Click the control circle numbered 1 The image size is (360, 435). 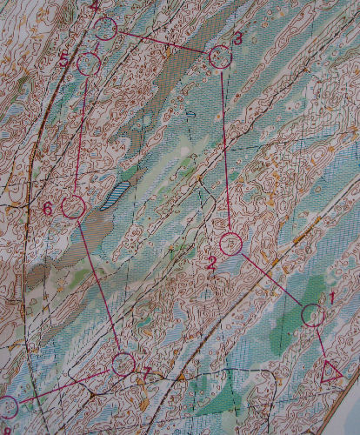pos(313,314)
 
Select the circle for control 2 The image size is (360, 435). pos(230,244)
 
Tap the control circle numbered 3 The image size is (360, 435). pos(221,57)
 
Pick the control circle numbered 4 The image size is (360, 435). pos(106,29)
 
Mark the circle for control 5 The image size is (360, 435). pos(88,64)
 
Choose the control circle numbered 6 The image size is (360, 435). pos(73,207)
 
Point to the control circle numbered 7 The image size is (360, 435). pos(123,364)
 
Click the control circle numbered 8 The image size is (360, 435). pos(7,406)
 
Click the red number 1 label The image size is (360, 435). pos(331,297)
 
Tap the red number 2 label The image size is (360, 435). pos(211,260)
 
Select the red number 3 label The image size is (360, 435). pos(238,37)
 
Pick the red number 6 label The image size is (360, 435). pos(48,208)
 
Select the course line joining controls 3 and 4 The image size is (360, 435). pos(165,43)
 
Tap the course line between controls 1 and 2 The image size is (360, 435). pos(271,278)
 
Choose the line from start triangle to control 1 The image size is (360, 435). pos(322,343)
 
